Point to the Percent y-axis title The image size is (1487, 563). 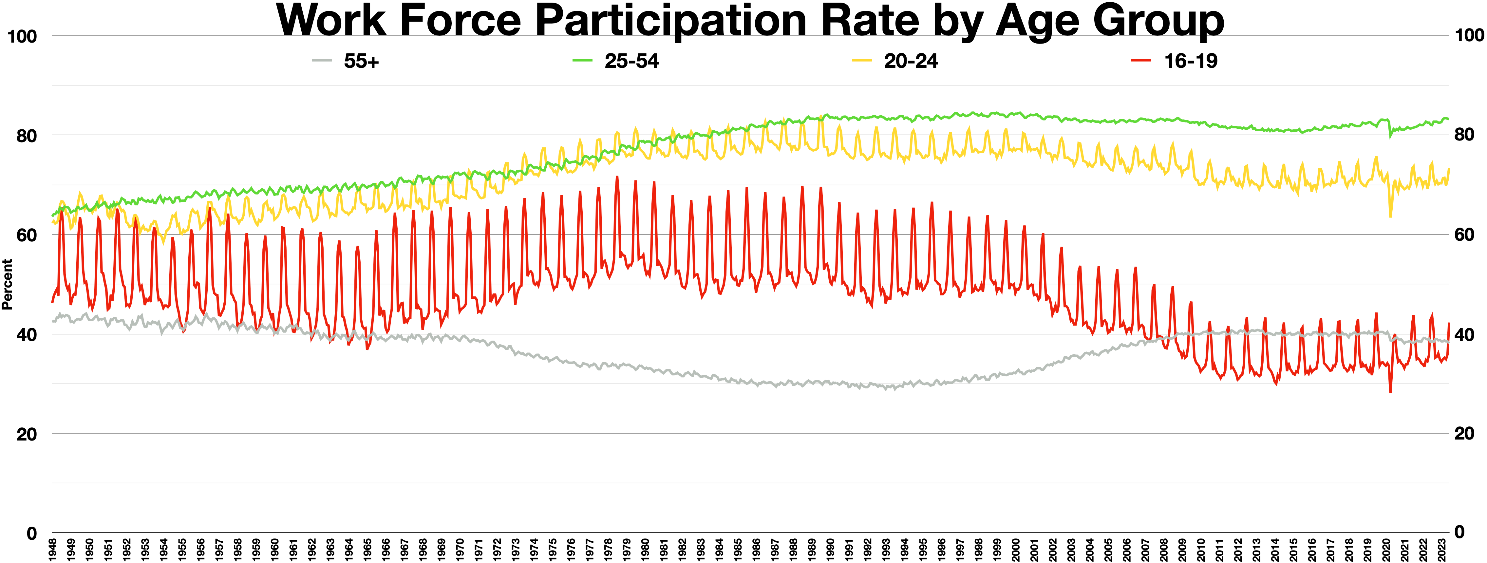7,284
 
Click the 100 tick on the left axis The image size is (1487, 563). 22,36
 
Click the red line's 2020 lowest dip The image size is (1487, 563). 1390,392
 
